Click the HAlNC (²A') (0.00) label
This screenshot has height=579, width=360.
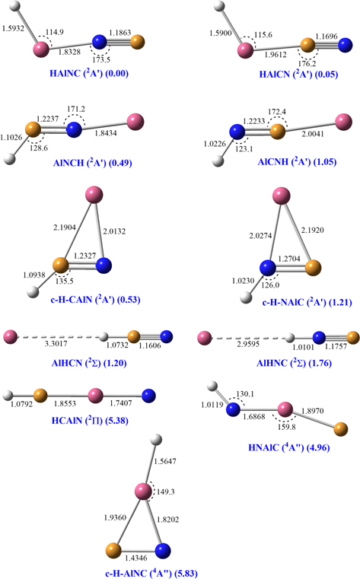89,73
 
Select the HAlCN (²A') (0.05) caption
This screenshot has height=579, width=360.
298,74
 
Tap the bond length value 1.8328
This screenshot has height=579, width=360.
69,52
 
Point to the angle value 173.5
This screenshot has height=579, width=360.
101,59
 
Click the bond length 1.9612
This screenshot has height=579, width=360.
276,55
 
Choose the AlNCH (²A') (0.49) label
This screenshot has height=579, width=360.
92,163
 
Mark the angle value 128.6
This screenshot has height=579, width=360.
39,148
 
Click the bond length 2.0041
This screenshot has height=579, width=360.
313,134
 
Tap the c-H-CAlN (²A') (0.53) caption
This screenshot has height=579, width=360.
95,299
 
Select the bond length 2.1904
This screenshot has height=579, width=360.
65,227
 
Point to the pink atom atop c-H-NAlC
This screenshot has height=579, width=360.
282,196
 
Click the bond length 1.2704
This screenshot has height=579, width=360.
289,259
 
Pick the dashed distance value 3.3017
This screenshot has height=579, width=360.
56,344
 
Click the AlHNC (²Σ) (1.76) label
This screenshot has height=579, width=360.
294,363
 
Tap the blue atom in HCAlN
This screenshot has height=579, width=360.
148,396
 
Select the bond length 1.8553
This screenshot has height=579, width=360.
65,403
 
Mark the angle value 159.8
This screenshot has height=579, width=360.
286,427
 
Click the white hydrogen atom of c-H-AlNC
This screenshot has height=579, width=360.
157,440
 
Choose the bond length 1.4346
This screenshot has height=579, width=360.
136,558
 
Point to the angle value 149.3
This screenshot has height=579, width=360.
165,492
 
